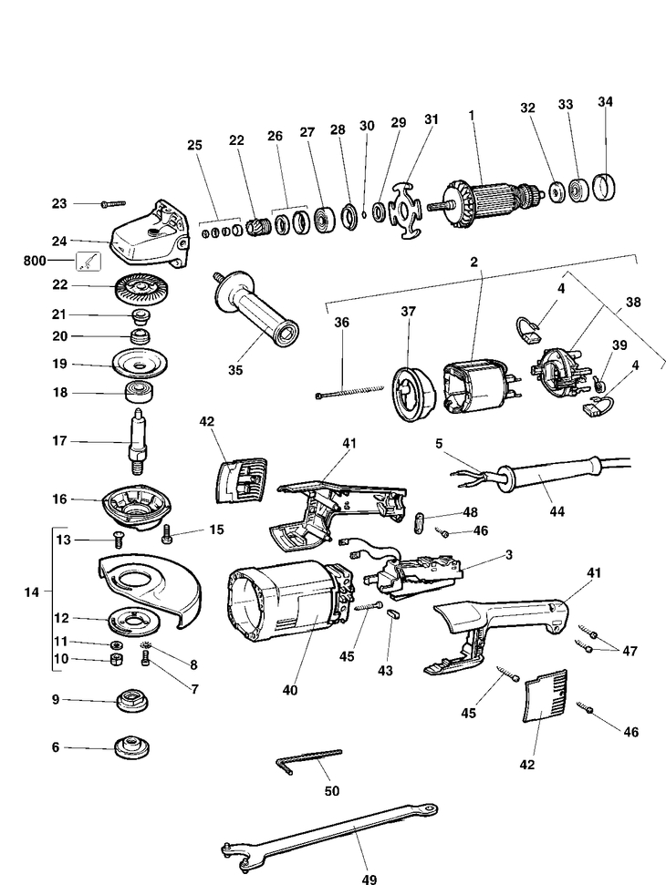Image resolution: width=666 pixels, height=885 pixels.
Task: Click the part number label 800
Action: [34, 261]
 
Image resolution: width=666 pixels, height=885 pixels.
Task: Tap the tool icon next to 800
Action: [88, 262]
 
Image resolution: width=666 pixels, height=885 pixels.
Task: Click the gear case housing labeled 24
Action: [149, 234]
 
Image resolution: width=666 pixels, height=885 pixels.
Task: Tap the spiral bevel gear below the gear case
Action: [141, 287]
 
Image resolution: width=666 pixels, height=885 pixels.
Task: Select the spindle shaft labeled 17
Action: [139, 443]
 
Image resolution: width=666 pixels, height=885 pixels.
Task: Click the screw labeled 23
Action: [113, 204]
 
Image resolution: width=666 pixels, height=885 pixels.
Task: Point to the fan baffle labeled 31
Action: [404, 210]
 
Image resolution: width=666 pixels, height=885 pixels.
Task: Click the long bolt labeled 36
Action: [349, 392]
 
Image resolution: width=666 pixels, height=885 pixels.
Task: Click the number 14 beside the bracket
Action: [32, 592]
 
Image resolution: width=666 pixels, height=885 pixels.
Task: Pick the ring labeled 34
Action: [606, 187]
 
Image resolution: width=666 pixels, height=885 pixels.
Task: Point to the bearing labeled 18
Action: [139, 391]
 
